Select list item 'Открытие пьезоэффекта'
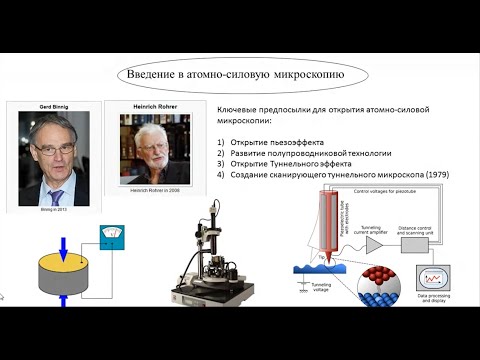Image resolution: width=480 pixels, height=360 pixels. click(276, 144)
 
